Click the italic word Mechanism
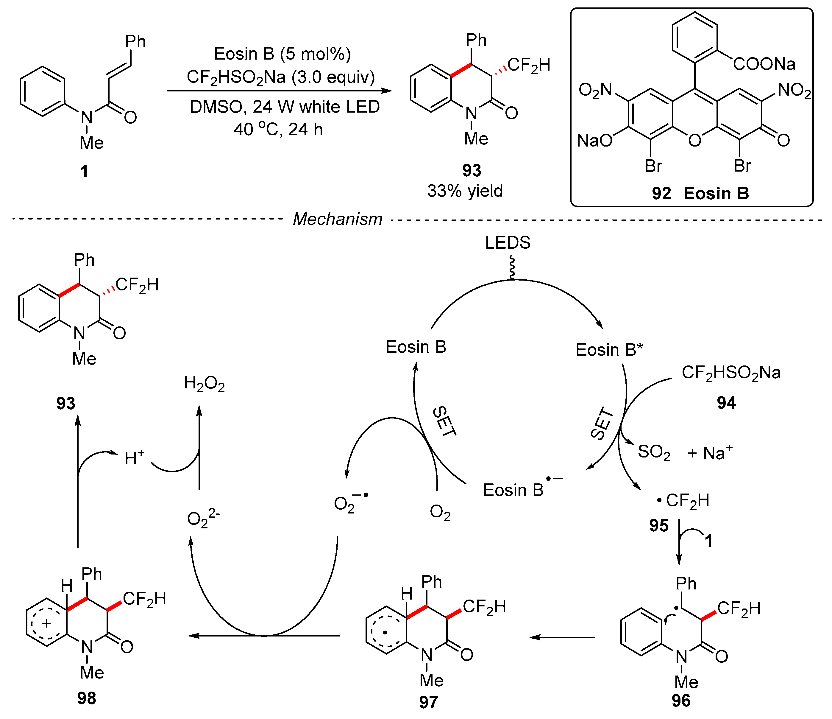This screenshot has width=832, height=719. coord(337,219)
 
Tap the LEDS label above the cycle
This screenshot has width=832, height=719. coord(508,243)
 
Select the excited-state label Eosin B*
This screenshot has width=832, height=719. coord(609,349)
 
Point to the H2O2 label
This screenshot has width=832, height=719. coord(204,384)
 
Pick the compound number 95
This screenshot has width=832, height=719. coord(659,525)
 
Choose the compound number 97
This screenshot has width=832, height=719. coord(428,702)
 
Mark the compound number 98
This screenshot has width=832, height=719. coord(87,698)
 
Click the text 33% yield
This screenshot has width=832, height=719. coord(465,191)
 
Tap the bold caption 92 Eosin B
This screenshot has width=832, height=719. coord(700,194)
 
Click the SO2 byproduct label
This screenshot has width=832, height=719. coord(654,452)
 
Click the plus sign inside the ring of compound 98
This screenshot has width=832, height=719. coord(46,623)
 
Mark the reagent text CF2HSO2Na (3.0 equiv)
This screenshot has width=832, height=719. coord(281,77)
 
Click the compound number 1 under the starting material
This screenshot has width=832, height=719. coord(84,172)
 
